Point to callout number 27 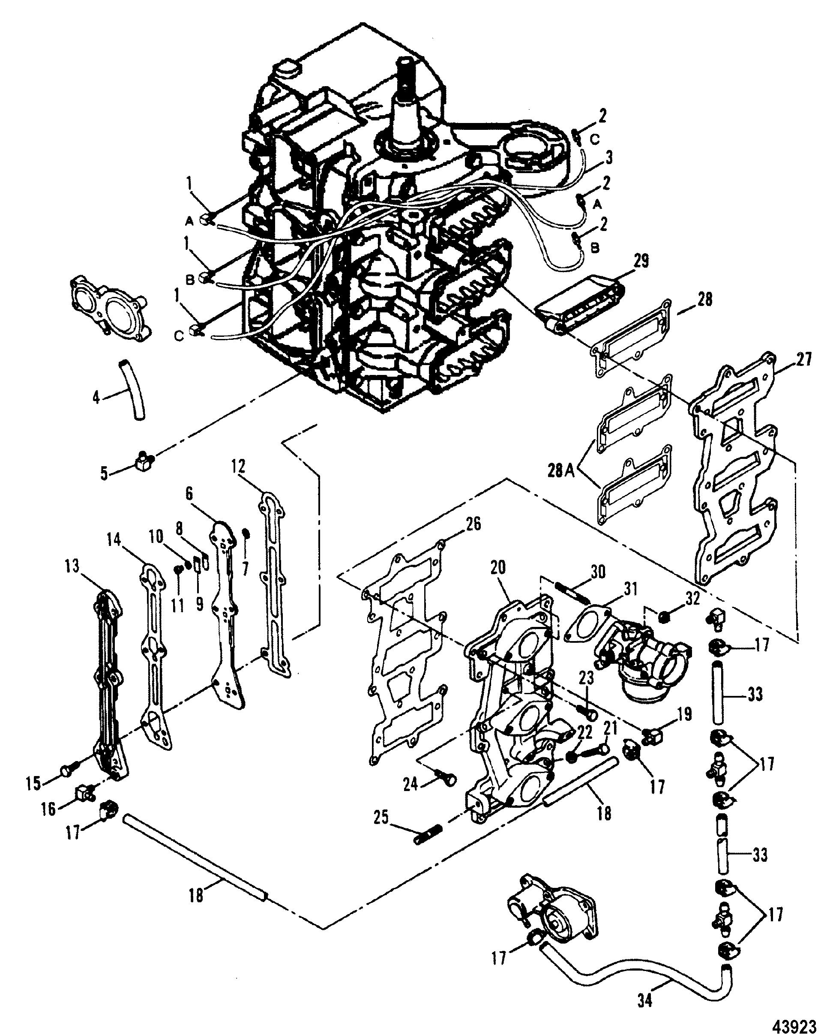[802, 359]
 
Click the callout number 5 [104, 474]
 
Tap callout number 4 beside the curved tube [96, 397]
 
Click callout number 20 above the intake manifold [498, 567]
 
